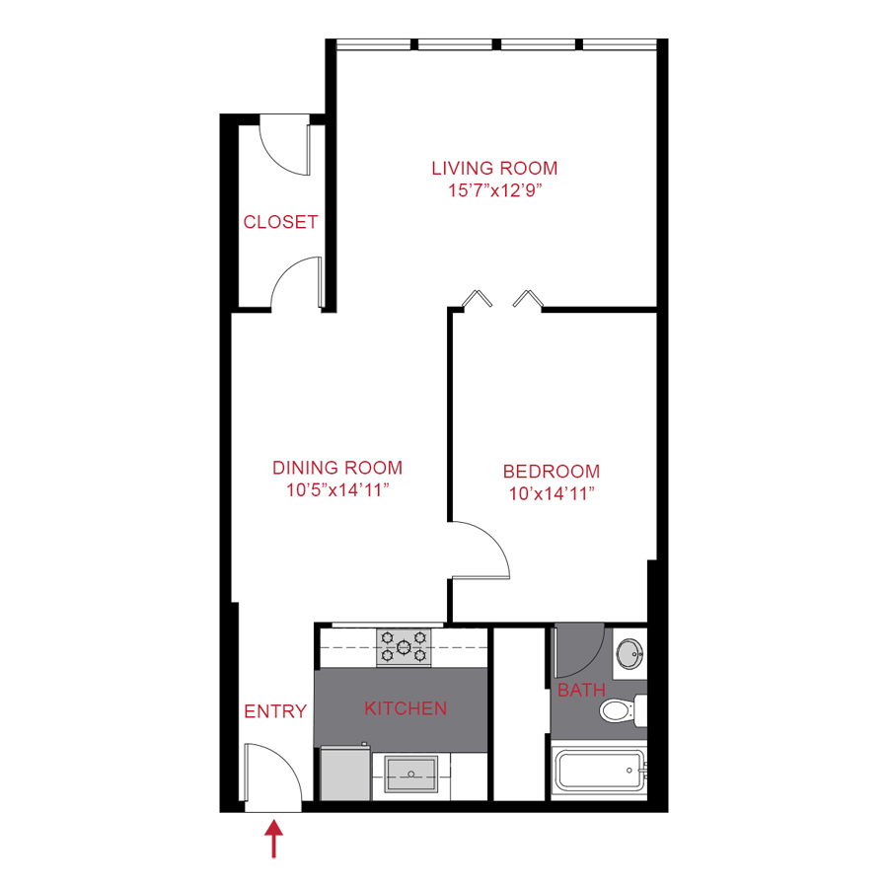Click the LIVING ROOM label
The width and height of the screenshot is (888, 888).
click(494, 168)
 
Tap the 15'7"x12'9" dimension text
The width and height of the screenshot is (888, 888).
click(494, 190)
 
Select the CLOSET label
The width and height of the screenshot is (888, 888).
click(281, 222)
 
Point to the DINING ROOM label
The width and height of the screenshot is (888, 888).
click(337, 468)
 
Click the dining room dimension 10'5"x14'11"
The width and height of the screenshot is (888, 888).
click(337, 490)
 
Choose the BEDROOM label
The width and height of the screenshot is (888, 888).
click(552, 472)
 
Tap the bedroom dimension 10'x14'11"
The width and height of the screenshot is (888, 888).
click(552, 494)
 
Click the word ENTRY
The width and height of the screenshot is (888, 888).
click(275, 711)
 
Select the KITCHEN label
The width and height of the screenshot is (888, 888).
click(406, 708)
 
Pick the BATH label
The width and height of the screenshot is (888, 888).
click(581, 690)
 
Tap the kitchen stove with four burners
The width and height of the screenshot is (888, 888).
click(405, 647)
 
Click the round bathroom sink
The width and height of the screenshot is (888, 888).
click(629, 652)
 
